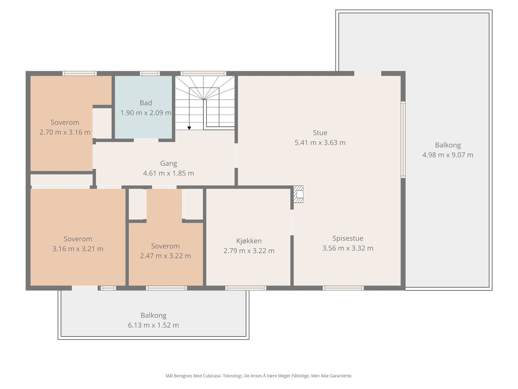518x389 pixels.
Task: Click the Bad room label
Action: point(146,103)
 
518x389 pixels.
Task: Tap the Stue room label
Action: point(320,133)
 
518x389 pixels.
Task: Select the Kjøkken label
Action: point(249,241)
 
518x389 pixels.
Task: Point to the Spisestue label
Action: point(348,238)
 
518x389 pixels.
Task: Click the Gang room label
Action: point(168,163)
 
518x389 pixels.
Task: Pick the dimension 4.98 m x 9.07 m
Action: point(448,155)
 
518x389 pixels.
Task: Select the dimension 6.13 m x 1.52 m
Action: point(153,325)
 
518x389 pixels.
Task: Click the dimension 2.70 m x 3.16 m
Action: point(65,132)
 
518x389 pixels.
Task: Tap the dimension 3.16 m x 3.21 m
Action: point(78,249)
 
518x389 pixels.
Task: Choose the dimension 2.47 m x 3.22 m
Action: point(165,256)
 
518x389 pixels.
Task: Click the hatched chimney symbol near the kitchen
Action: point(298,194)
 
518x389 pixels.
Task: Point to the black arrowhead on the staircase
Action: point(189,128)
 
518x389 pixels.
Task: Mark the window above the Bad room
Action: point(150,73)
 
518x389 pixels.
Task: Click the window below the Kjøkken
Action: point(246,288)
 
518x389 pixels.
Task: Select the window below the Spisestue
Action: point(343,288)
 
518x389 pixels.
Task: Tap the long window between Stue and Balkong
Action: point(403,140)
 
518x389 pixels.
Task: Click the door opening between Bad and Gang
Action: point(146,140)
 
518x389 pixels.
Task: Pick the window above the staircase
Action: point(203,73)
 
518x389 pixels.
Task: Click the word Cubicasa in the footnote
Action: point(212,376)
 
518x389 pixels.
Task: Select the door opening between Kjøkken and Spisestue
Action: point(292,222)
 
